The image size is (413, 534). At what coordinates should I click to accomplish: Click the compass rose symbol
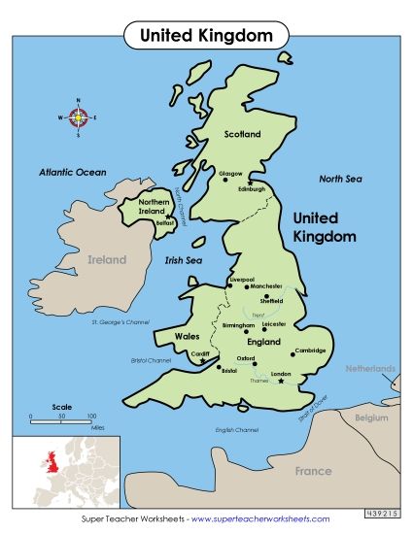(x=82, y=117)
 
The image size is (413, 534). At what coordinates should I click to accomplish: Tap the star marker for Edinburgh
(x=250, y=183)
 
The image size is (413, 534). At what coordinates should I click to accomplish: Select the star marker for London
(x=282, y=382)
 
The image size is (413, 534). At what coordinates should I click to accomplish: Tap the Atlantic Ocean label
(x=72, y=172)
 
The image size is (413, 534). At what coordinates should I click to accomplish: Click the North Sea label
(x=340, y=179)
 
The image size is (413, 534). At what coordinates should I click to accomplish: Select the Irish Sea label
(x=184, y=260)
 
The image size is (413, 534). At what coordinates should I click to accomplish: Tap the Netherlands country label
(x=371, y=369)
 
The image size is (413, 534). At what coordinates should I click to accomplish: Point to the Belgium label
(x=370, y=417)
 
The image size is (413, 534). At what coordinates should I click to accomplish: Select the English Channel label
(x=237, y=429)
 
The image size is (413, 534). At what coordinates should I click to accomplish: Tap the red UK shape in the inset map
(x=43, y=460)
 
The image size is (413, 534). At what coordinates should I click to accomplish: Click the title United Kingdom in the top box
(x=206, y=35)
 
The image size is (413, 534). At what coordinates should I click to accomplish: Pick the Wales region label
(x=187, y=336)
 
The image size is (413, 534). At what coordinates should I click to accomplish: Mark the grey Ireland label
(x=107, y=260)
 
